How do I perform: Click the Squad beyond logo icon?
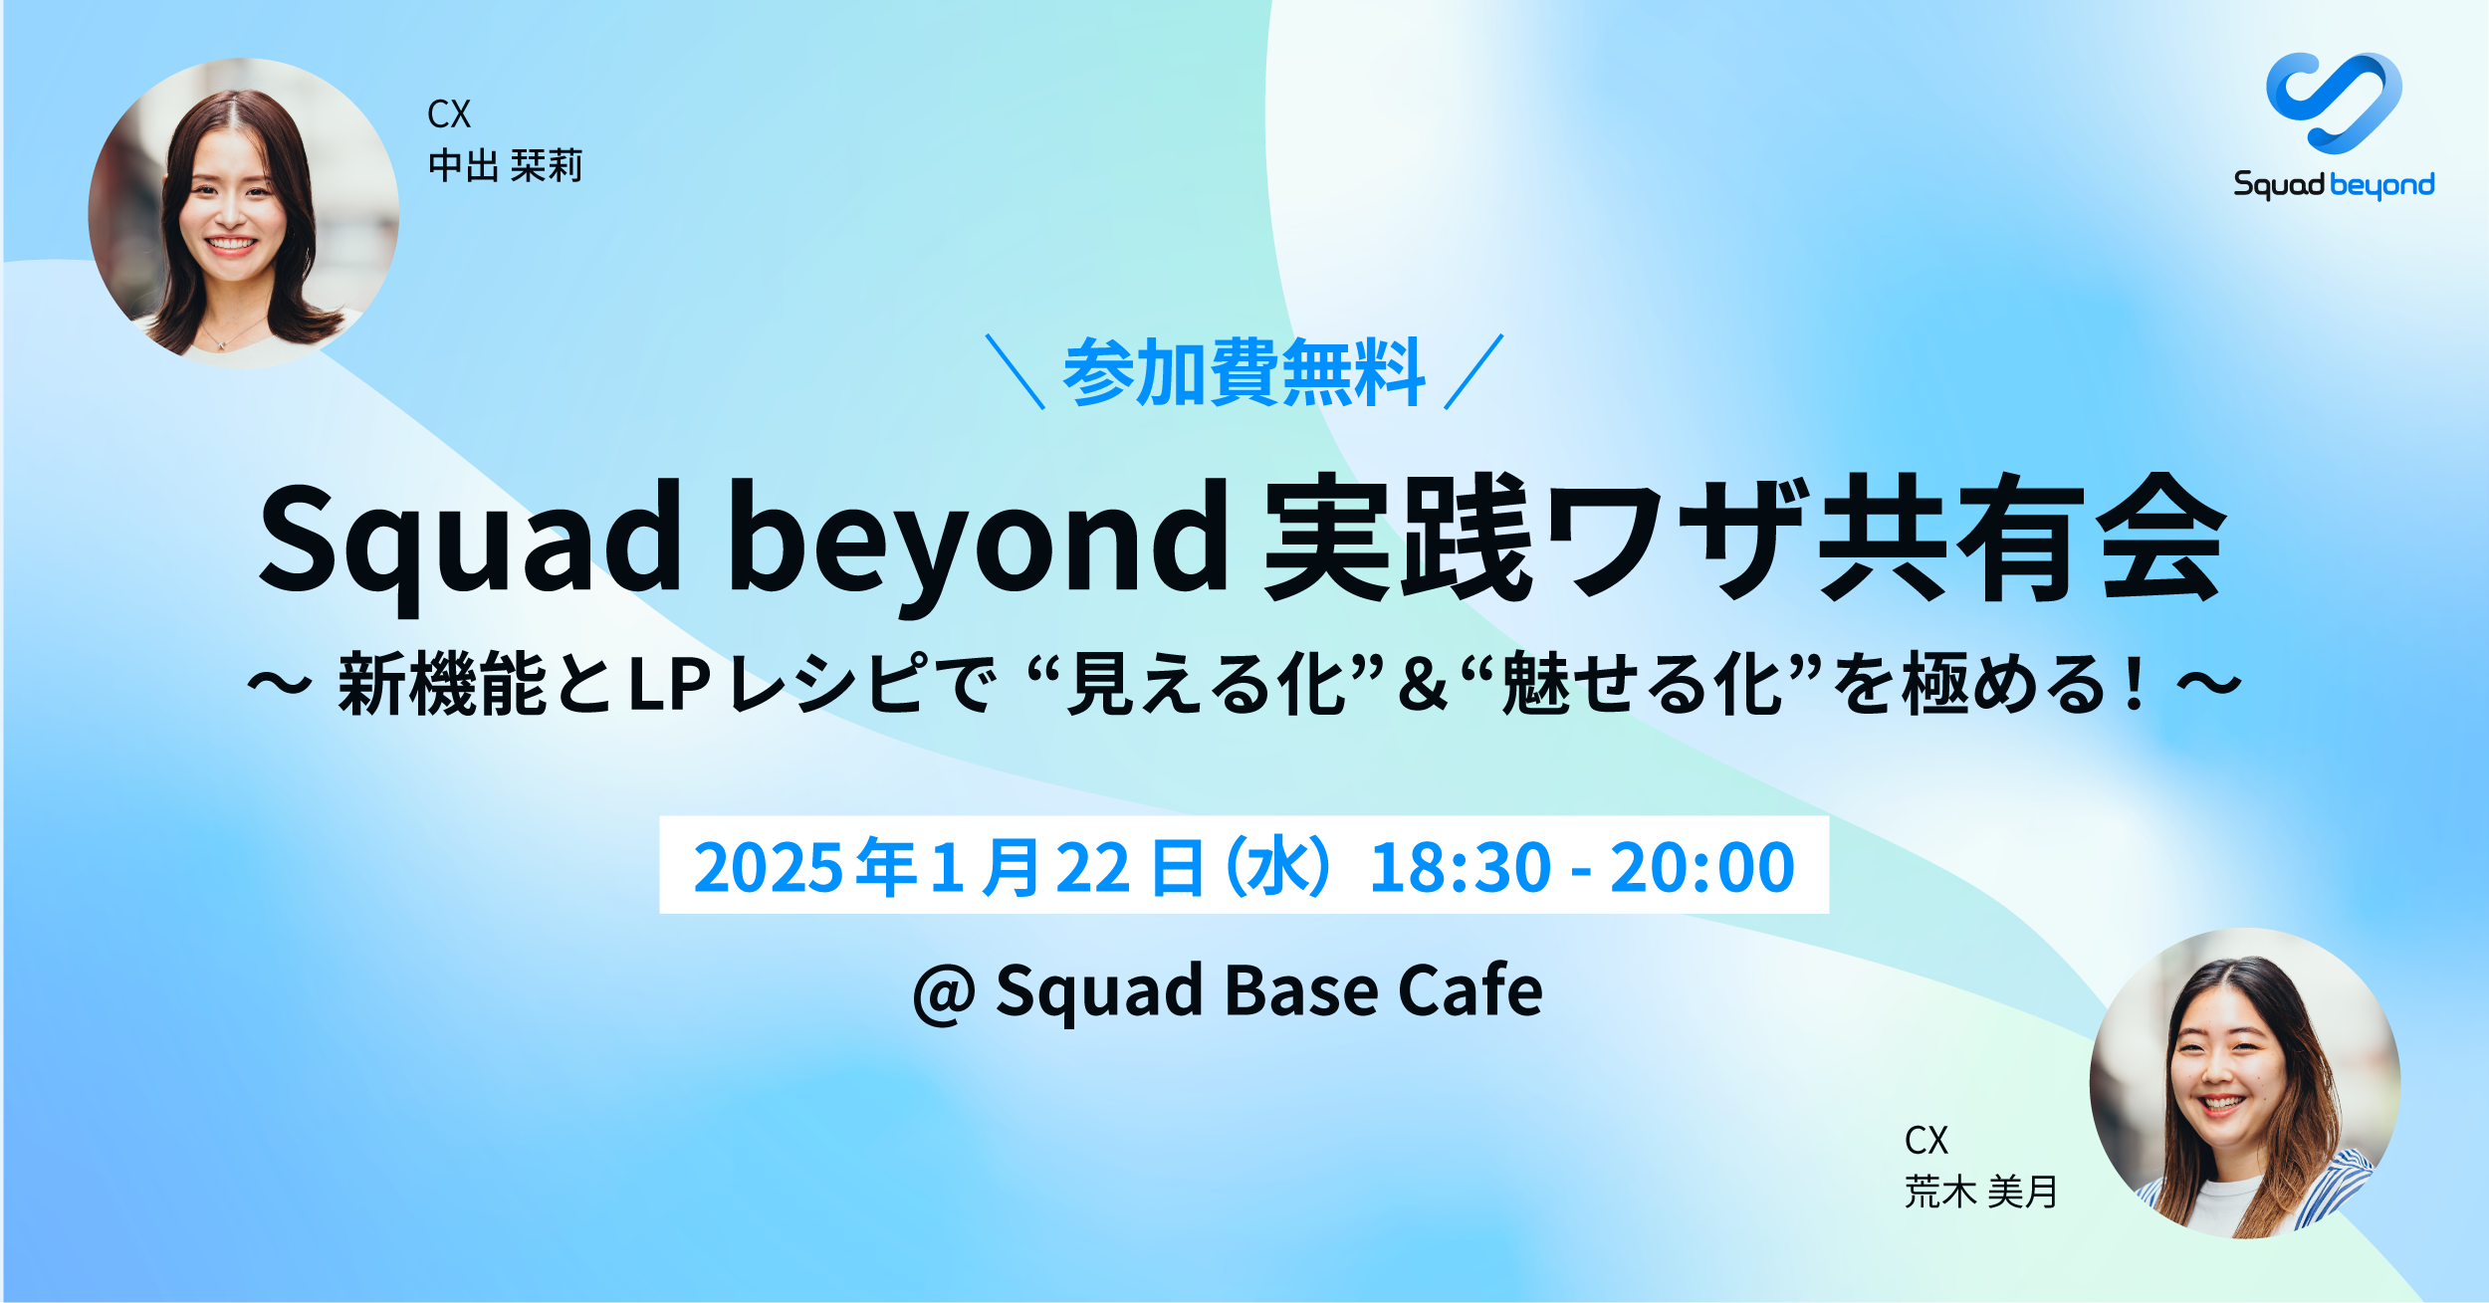(x=2333, y=103)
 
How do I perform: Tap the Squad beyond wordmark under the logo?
(x=2333, y=185)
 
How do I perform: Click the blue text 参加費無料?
(x=1244, y=373)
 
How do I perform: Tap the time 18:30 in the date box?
(x=1460, y=867)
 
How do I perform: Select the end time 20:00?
(x=1701, y=867)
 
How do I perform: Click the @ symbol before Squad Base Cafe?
(x=944, y=992)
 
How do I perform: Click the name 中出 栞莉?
(x=505, y=166)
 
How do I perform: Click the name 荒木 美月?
(x=1980, y=1192)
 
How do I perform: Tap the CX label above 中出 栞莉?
(x=448, y=114)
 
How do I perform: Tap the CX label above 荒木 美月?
(x=1925, y=1141)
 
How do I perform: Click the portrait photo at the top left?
(x=244, y=213)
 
